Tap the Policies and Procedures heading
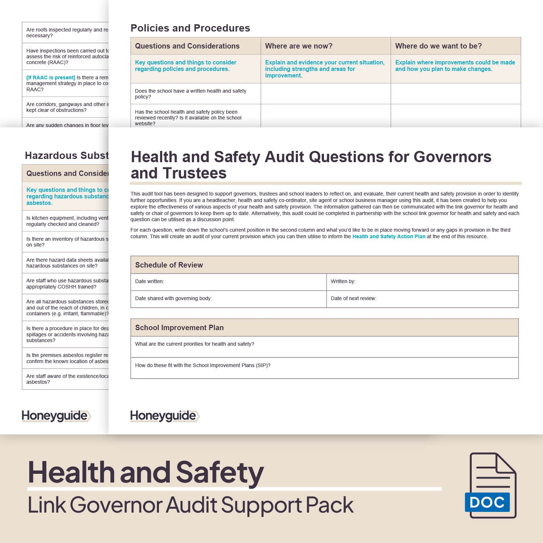tap(190, 28)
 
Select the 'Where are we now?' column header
tap(299, 46)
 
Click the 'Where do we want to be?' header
tap(438, 46)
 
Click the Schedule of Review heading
tap(169, 265)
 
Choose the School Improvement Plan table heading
tap(179, 328)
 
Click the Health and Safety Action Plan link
tap(389, 236)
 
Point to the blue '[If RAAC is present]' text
tap(51, 77)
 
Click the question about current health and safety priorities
tap(194, 344)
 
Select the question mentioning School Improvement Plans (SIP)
tap(203, 365)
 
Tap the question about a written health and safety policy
tap(190, 94)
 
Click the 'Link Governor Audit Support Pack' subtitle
tap(191, 505)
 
